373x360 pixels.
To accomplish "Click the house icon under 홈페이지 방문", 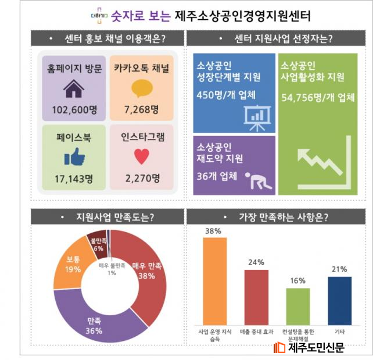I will [73, 90].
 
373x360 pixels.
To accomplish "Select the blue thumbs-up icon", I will [74, 157].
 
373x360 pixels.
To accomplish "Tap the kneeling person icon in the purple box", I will [256, 181].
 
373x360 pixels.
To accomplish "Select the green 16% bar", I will [298, 306].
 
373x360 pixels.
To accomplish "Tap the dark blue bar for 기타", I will [340, 301].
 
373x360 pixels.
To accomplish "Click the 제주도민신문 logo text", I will [316, 347].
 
